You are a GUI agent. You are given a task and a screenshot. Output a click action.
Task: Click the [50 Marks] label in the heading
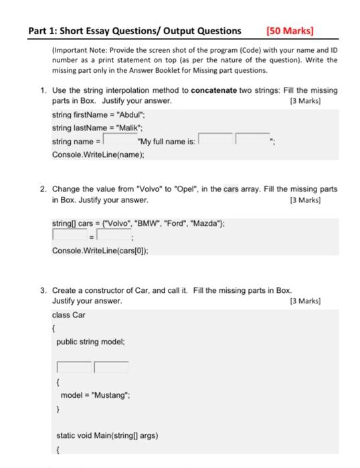(290, 30)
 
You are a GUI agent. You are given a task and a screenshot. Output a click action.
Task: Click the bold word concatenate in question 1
(213, 90)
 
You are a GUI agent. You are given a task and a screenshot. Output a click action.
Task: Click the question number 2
(43, 189)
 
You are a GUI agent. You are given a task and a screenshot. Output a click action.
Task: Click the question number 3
(43, 291)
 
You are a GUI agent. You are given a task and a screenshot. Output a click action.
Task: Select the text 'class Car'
(68, 314)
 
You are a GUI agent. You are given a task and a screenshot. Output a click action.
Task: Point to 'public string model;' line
(90, 341)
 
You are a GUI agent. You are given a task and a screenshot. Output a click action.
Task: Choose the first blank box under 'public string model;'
(74, 367)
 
